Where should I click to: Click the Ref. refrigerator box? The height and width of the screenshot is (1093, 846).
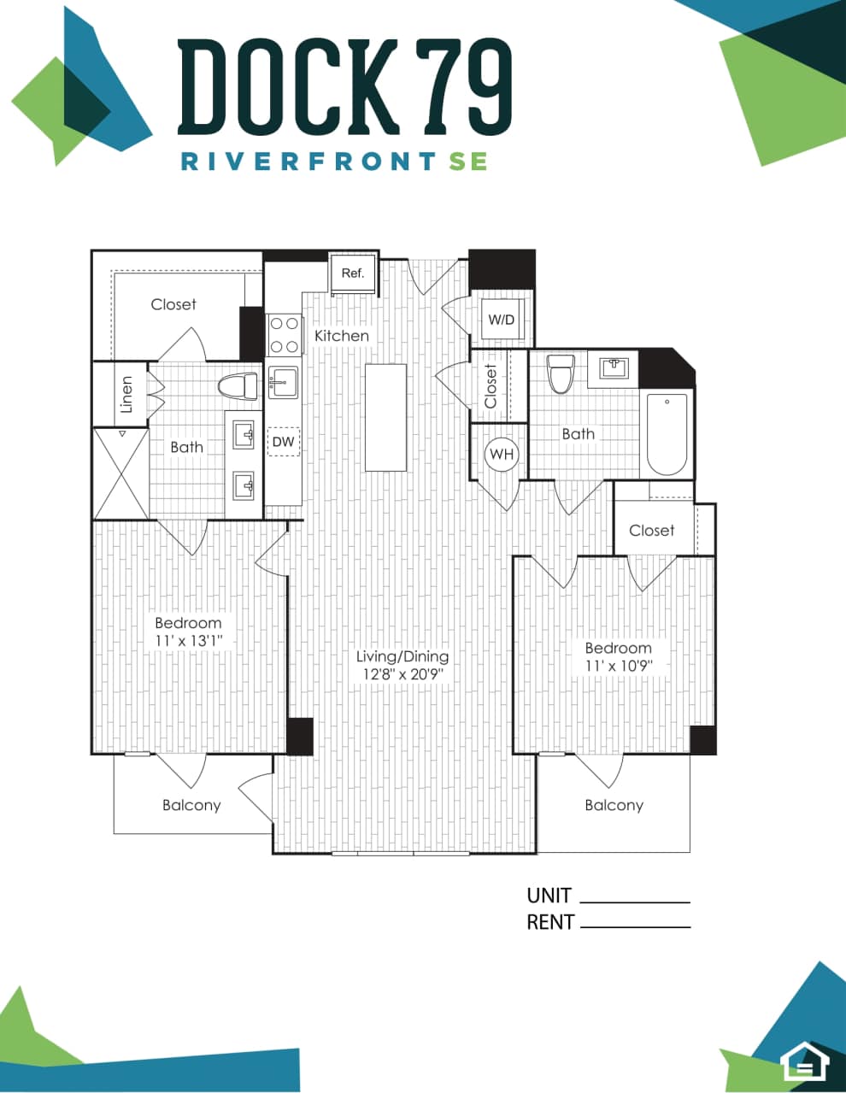(353, 273)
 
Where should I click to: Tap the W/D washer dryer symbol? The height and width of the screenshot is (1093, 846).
(502, 320)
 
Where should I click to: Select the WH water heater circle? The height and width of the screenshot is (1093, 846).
(502, 454)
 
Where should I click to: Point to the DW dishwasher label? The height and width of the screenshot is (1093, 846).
(283, 442)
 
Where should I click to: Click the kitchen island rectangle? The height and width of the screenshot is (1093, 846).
(385, 417)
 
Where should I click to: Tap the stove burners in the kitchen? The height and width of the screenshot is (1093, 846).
(285, 335)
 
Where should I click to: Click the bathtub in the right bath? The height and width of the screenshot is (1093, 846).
(667, 434)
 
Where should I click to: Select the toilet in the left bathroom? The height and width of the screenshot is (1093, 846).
(238, 387)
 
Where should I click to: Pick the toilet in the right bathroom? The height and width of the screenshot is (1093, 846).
(561, 373)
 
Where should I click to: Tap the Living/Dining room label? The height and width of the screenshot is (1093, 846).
(402, 656)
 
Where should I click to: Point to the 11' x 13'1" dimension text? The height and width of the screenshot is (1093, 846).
(189, 640)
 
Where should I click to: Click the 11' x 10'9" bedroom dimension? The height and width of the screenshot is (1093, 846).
(618, 666)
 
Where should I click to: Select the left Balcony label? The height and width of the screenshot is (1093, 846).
(191, 805)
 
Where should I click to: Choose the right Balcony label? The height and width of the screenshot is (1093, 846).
(614, 805)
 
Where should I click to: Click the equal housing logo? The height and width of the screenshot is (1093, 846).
(804, 1062)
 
